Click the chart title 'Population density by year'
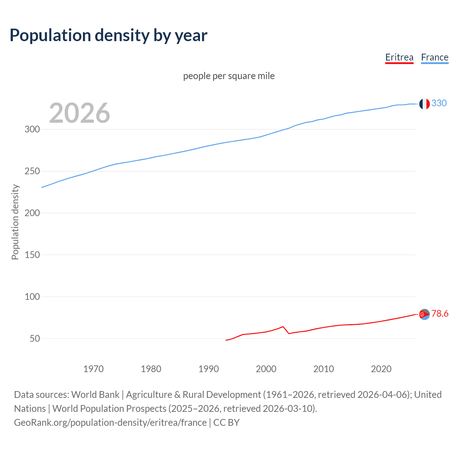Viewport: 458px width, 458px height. click(108, 35)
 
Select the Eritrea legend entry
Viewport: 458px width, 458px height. click(399, 57)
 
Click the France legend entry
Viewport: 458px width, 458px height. click(434, 57)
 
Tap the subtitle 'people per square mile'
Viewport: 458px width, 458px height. click(229, 76)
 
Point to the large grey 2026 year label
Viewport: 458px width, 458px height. click(79, 113)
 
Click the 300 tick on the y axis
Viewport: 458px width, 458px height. click(32, 129)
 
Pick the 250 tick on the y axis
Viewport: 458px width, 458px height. click(32, 171)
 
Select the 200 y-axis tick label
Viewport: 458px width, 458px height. click(32, 213)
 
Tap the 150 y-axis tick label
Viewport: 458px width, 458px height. click(32, 255)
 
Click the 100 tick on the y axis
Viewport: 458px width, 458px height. click(32, 297)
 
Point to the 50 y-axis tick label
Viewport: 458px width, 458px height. click(35, 338)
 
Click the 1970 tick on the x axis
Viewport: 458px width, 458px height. click(93, 369)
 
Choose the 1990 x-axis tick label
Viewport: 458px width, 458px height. click(209, 369)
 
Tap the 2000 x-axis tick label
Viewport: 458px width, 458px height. click(266, 369)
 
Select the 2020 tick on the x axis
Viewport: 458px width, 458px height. click(381, 369)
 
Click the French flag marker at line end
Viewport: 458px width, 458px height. click(424, 104)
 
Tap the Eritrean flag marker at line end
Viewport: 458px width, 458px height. click(424, 314)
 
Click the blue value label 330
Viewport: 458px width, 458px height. click(439, 103)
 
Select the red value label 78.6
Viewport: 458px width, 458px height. click(440, 314)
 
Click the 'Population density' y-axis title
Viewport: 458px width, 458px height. click(15, 222)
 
